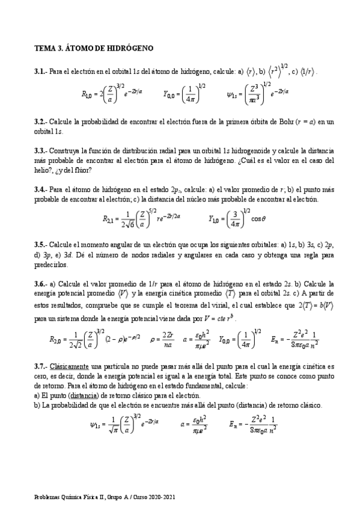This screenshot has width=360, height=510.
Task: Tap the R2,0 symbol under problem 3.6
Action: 57,339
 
